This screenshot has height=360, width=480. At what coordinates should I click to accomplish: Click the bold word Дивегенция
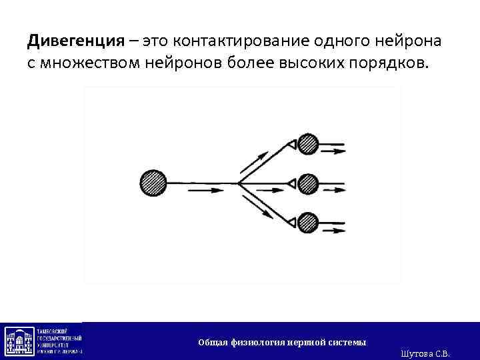[76, 41]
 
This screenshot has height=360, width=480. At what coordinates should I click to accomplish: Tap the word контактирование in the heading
[236, 41]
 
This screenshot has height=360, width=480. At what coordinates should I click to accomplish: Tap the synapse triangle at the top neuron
[291, 144]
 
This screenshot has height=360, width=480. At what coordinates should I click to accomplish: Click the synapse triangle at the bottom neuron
[291, 220]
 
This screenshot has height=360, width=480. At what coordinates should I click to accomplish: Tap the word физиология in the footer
[257, 343]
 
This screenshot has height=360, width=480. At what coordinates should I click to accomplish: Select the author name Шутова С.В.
[427, 353]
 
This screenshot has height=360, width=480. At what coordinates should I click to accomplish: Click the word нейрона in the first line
[409, 41]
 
